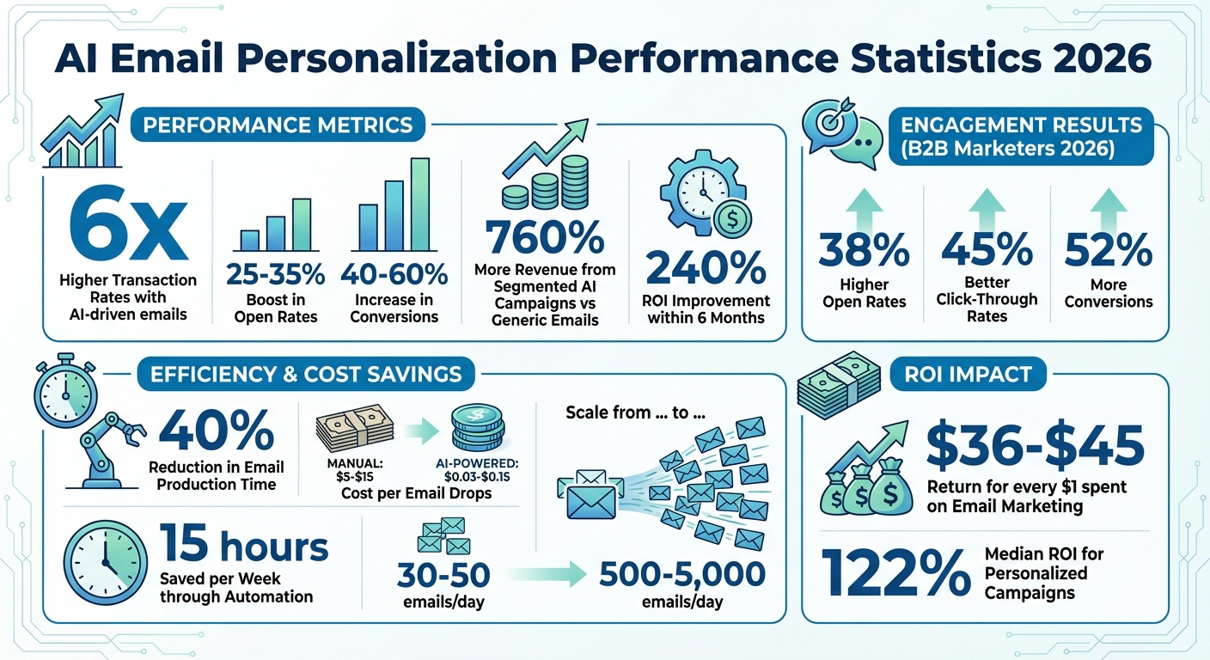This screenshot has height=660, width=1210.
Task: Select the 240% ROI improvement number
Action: pyautogui.click(x=705, y=268)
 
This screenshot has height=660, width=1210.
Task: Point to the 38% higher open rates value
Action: pyautogui.click(x=864, y=250)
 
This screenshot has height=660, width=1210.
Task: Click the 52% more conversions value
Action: pyautogui.click(x=1109, y=250)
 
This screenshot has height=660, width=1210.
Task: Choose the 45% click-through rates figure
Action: pyautogui.click(x=987, y=249)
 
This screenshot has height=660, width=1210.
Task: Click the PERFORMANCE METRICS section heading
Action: pyautogui.click(x=278, y=125)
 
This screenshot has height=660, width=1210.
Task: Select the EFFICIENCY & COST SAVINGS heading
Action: pyautogui.click(x=306, y=374)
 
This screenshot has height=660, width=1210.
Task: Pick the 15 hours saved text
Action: pyautogui.click(x=244, y=547)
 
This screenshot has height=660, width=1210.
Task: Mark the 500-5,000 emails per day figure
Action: pyautogui.click(x=681, y=575)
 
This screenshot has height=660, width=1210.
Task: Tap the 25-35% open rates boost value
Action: pyautogui.click(x=276, y=275)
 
